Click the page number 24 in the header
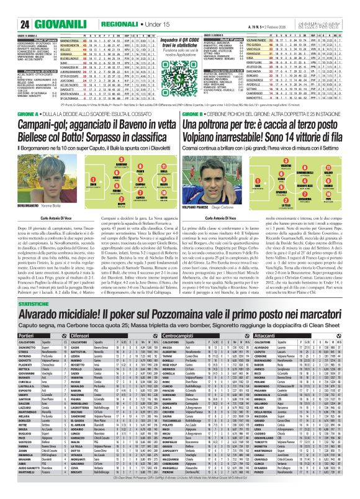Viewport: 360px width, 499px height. (x=10, y=7)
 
